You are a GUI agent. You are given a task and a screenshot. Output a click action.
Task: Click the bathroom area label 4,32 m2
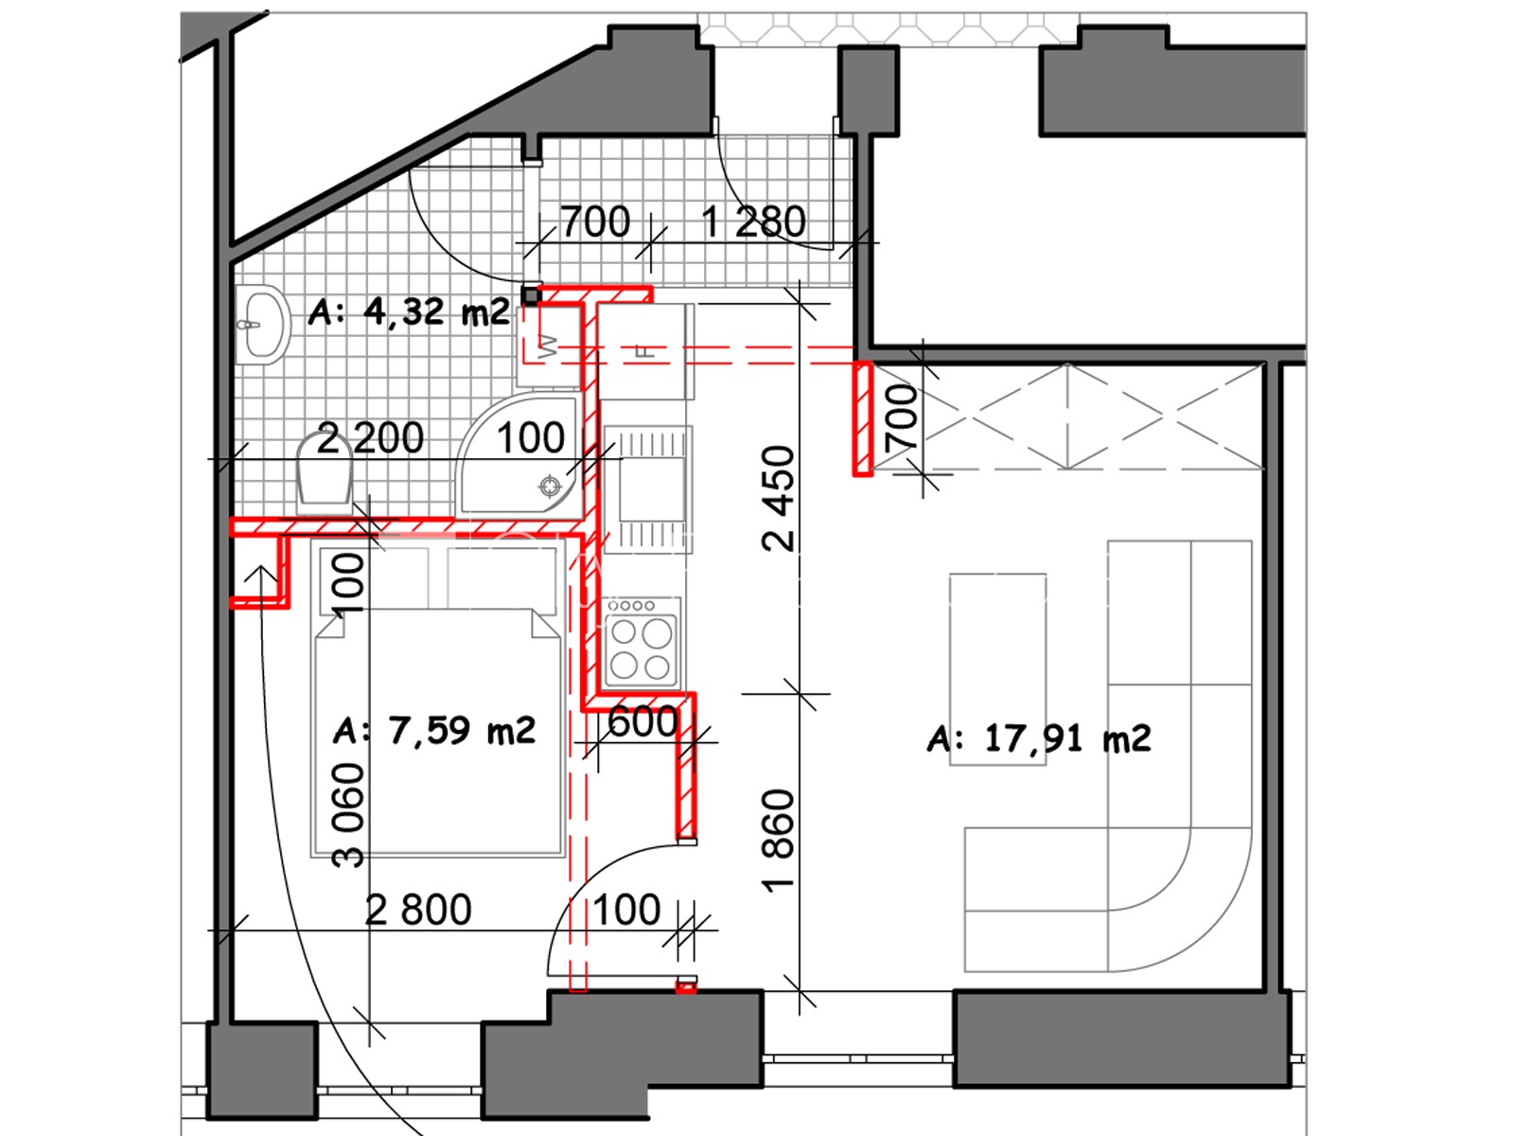409,311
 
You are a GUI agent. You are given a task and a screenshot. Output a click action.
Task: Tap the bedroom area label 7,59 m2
434,730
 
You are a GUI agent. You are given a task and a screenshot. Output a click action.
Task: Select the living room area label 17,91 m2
1039,738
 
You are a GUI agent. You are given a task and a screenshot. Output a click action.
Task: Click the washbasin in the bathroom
261,324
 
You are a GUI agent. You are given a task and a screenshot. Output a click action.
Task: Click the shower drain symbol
550,487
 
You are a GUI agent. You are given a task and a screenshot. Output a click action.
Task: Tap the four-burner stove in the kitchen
641,642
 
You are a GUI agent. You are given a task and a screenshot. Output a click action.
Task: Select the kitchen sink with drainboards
647,488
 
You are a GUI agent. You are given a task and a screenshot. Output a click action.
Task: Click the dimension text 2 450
779,498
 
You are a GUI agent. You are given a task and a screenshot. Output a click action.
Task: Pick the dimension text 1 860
779,840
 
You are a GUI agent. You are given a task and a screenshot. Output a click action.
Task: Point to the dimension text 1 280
753,222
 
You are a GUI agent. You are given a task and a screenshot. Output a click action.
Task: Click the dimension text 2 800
418,910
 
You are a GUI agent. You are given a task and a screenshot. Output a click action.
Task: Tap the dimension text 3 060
347,814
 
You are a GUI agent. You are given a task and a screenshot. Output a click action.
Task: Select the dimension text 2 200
370,438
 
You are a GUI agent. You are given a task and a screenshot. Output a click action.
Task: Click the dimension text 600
643,722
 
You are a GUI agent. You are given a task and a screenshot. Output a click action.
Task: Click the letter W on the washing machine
548,346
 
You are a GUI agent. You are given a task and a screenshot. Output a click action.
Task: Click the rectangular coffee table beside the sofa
998,669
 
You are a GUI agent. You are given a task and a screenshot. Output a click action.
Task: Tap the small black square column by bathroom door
531,296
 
